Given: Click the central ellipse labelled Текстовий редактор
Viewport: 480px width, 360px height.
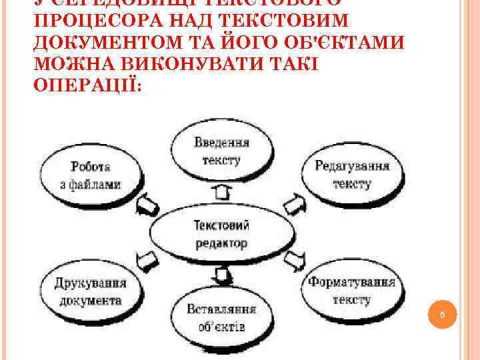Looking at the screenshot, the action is pyautogui.click(x=221, y=234).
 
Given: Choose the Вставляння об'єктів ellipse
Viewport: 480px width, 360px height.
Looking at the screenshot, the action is pyautogui.click(x=222, y=319).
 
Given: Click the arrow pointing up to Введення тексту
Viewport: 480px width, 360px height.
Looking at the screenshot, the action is pyautogui.click(x=222, y=193).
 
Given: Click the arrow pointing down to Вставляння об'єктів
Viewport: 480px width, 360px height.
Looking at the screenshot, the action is pyautogui.click(x=223, y=274).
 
